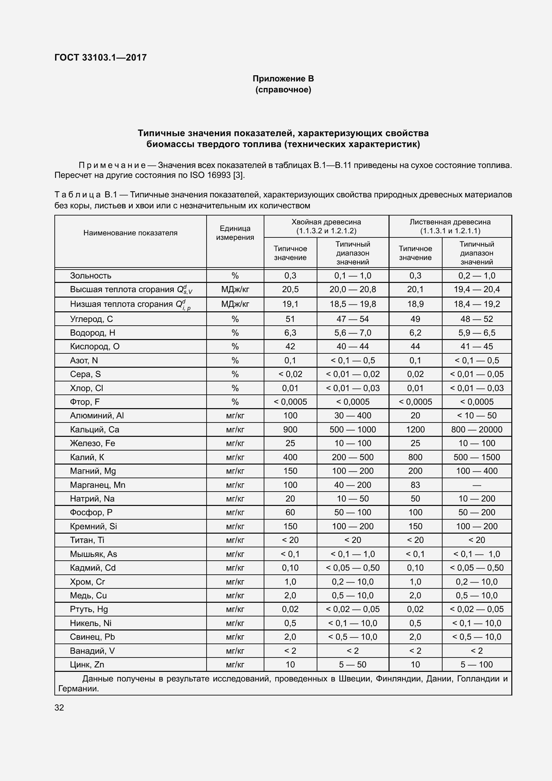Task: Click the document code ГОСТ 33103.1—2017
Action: pyautogui.click(x=101, y=57)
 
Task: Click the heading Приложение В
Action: pyautogui.click(x=283, y=79)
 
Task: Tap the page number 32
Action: pyautogui.click(x=59, y=707)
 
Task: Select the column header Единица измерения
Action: pyautogui.click(x=235, y=233)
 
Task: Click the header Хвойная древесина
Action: pyautogui.click(x=326, y=222)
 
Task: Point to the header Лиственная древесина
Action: pyautogui.click(x=450, y=222)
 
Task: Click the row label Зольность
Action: pyautogui.click(x=91, y=276)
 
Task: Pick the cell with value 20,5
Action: pyautogui.click(x=290, y=289)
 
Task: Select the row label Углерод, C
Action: pyautogui.click(x=91, y=319)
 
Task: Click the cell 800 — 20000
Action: pyautogui.click(x=476, y=430)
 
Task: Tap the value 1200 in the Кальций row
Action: pyautogui.click(x=415, y=430)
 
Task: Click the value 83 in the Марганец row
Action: pyautogui.click(x=415, y=485)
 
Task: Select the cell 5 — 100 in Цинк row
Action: pyautogui.click(x=476, y=665)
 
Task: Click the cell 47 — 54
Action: pyautogui.click(x=353, y=319)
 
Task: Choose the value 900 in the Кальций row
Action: pyautogui.click(x=290, y=430)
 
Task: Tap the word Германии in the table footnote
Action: pyautogui.click(x=78, y=689)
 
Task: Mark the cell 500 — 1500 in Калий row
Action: pyautogui.click(x=476, y=457)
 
